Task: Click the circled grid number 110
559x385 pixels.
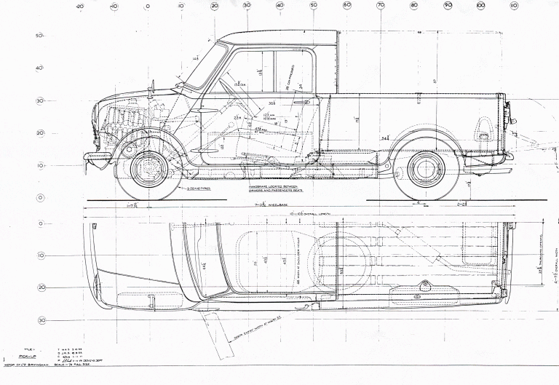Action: (x=514, y=6)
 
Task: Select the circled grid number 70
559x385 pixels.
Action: (x=381, y=6)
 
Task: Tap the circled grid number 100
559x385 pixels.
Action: (x=481, y=6)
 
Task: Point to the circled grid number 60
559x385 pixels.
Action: (x=347, y=6)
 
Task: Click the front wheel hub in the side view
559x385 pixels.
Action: (x=148, y=167)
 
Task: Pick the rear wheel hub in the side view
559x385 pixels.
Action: (x=426, y=167)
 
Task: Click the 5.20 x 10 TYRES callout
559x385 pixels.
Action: (x=199, y=188)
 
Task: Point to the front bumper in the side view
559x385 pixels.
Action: (x=97, y=155)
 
